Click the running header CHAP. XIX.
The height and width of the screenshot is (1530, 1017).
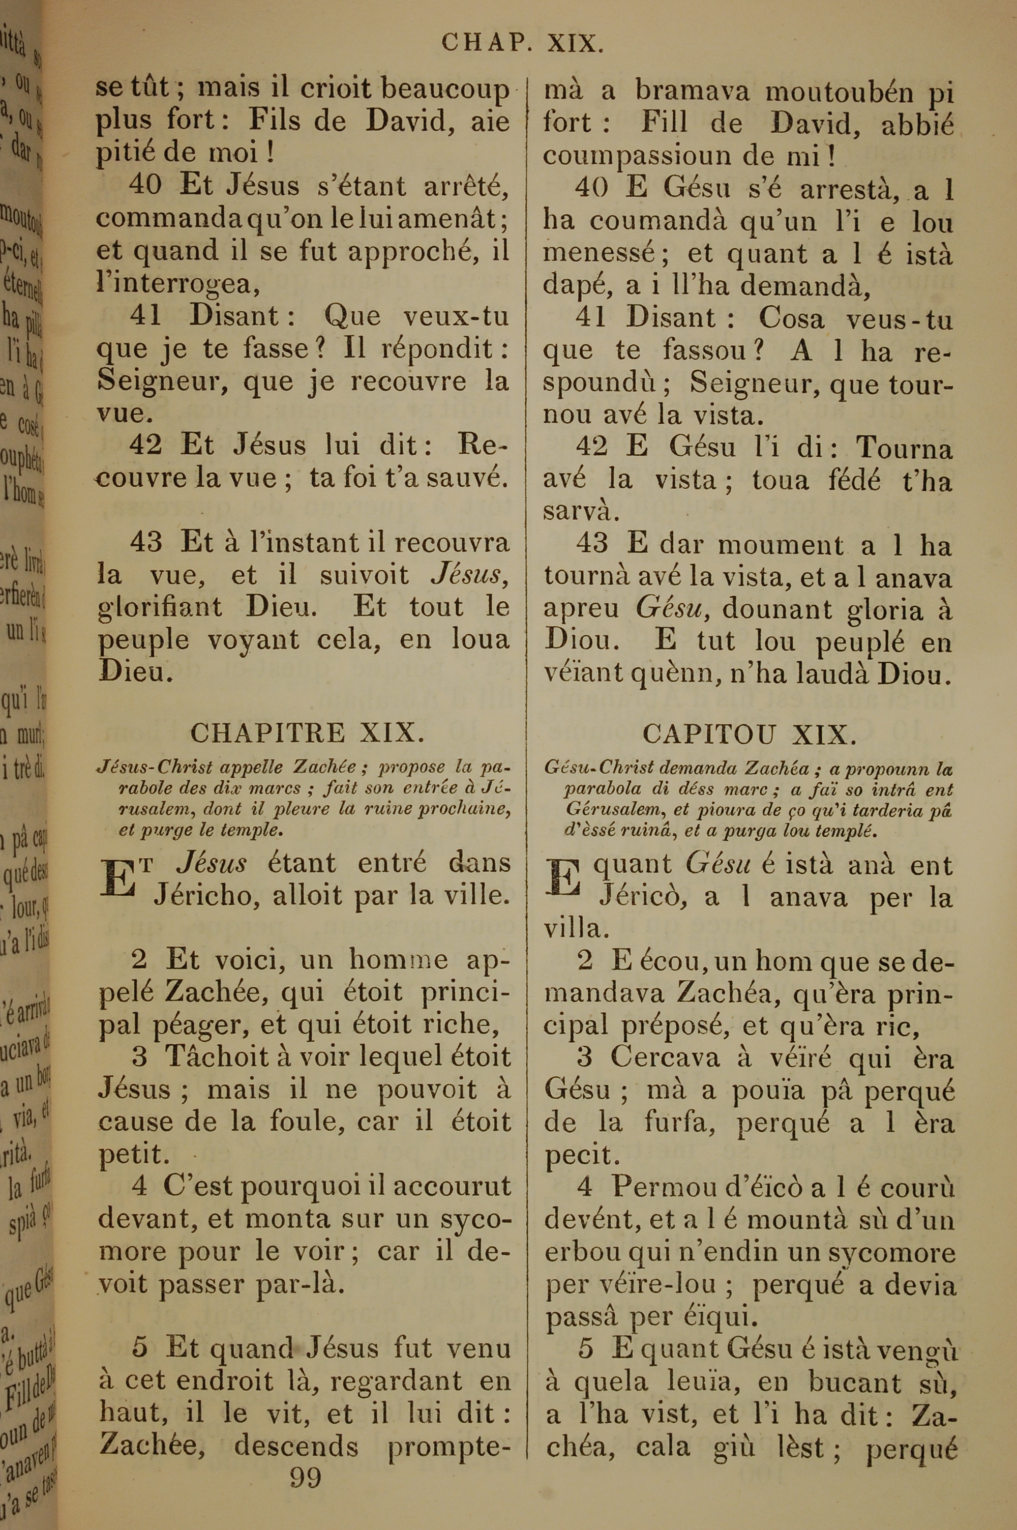click(x=523, y=43)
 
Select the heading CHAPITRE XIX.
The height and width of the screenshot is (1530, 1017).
click(x=308, y=733)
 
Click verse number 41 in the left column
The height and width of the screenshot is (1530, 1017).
click(x=145, y=316)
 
